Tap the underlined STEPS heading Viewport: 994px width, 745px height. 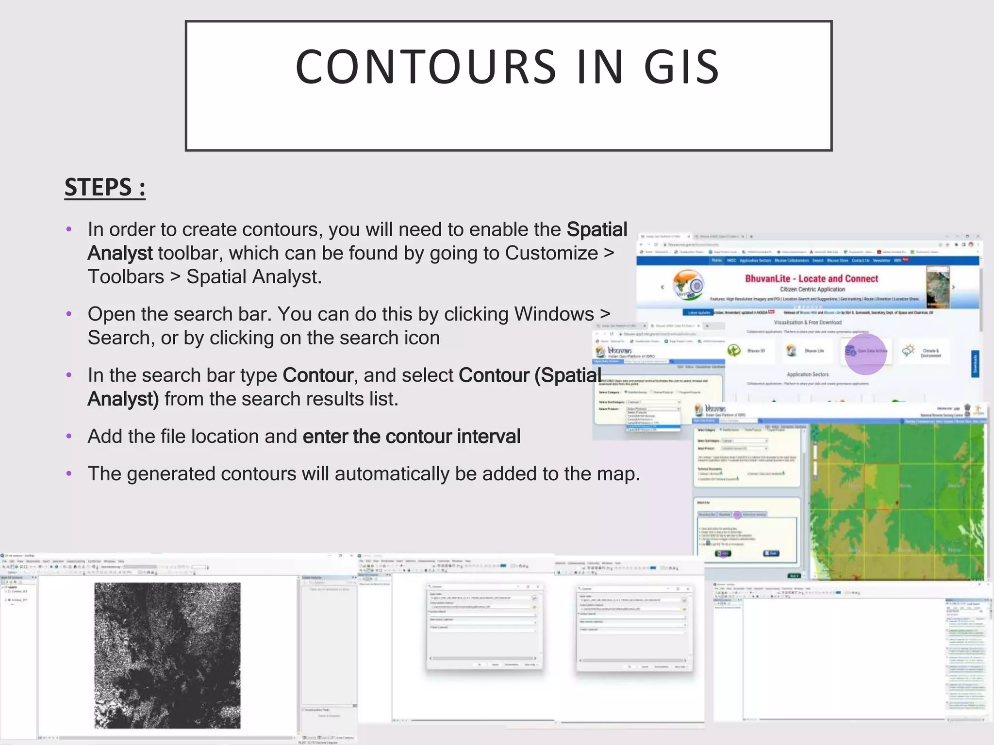tap(105, 188)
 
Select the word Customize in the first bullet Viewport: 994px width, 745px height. tap(551, 253)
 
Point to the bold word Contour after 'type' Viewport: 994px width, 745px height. tap(318, 375)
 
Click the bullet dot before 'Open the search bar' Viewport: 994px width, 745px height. tap(69, 314)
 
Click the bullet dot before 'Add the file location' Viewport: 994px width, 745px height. tap(69, 436)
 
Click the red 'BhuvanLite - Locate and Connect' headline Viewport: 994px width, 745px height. tap(812, 278)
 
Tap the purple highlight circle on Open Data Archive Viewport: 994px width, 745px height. tap(865, 354)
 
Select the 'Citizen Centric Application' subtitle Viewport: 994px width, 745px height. tap(812, 289)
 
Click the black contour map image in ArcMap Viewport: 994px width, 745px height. tap(167, 655)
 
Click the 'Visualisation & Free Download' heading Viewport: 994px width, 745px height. tap(808, 322)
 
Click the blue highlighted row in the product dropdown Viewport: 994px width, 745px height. tap(653, 426)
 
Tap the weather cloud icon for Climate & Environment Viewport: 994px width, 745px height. tap(908, 350)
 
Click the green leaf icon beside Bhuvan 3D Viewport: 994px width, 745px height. tap(734, 350)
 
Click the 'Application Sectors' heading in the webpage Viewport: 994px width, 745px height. tap(808, 374)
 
